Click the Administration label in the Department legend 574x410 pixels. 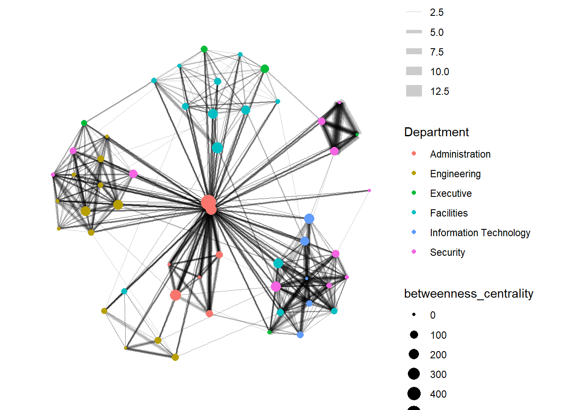tap(460, 154)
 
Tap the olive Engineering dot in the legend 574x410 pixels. tap(414, 173)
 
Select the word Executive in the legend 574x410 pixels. tap(451, 193)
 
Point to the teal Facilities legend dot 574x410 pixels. tap(414, 212)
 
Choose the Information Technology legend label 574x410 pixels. tap(480, 233)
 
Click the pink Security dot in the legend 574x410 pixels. tap(414, 252)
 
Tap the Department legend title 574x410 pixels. tap(436, 132)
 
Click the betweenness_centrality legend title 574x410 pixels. tap(469, 294)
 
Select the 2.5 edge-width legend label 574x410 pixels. tap(436, 12)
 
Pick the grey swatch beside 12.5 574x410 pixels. tap(414, 91)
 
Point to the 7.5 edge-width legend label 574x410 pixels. tap(436, 52)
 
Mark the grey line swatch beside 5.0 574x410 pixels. tap(414, 32)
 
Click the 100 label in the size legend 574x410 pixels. tap(438, 335)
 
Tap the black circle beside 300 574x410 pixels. tap(414, 374)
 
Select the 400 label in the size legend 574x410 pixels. tap(438, 394)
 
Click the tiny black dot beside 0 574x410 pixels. tap(414, 315)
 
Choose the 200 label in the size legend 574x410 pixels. tap(438, 355)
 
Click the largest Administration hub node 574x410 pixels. tap(208, 202)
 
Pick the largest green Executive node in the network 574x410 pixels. tap(265, 69)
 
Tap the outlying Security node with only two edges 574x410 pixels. tap(369, 190)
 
